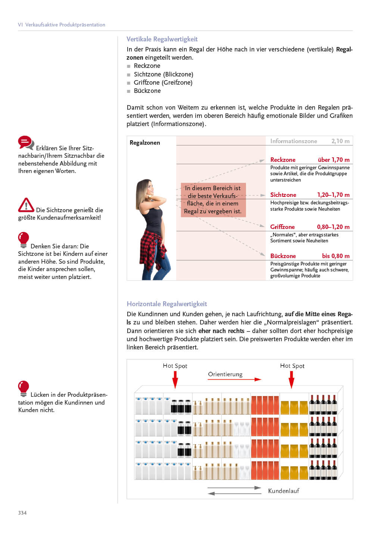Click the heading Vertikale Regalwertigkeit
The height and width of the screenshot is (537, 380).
(x=162, y=39)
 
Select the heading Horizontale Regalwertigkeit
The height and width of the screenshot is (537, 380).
(x=166, y=304)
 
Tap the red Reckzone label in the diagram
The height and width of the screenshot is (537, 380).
(x=283, y=160)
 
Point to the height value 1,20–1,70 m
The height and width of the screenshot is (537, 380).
(x=333, y=195)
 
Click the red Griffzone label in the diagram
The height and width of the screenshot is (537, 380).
(x=282, y=227)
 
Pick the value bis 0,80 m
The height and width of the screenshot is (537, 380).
(x=336, y=256)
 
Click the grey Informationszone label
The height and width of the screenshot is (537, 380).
(x=293, y=141)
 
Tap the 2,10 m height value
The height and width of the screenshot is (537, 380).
(x=340, y=141)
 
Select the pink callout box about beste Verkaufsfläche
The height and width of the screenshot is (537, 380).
(x=213, y=200)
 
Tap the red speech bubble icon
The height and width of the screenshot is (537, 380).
(x=25, y=142)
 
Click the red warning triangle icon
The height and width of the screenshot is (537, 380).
(x=26, y=205)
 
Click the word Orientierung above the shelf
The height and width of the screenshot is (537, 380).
(x=225, y=374)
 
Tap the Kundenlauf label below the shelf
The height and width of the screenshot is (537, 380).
(x=283, y=491)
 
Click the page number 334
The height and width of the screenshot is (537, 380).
(x=22, y=513)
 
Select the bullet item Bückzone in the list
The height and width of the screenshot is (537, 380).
(x=147, y=91)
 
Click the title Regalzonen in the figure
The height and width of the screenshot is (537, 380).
(x=145, y=142)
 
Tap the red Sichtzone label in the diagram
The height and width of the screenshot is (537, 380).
(x=283, y=195)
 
